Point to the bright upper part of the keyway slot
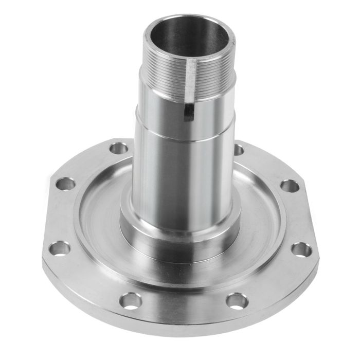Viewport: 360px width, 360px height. (x=191, y=77)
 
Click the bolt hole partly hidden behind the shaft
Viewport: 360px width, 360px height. (x=239, y=149)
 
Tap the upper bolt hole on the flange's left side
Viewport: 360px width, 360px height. (x=65, y=184)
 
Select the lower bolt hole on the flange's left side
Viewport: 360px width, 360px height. (x=61, y=248)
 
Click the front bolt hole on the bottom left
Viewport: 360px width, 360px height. (x=132, y=300)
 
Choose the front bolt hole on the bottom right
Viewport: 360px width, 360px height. (x=236, y=299)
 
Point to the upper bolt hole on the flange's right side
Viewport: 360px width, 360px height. (x=291, y=186)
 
